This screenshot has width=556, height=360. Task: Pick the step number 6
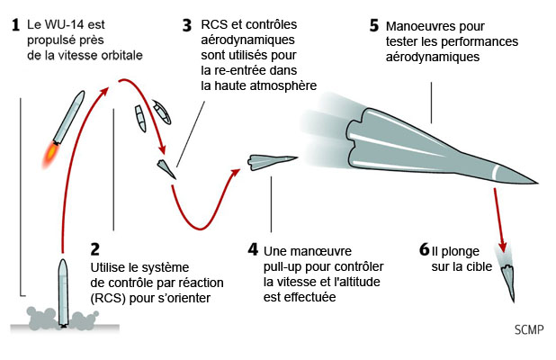click(x=423, y=249)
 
